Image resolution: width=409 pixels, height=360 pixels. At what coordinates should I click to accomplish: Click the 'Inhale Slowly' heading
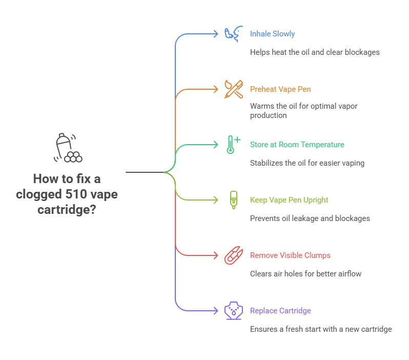pyautogui.click(x=272, y=34)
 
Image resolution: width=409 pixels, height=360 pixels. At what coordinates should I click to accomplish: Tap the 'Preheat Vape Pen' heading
pyautogui.click(x=280, y=89)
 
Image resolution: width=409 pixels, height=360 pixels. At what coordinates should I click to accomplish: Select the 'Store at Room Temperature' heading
pyautogui.click(x=297, y=145)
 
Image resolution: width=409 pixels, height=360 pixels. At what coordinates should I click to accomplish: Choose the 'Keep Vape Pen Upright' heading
pyautogui.click(x=289, y=200)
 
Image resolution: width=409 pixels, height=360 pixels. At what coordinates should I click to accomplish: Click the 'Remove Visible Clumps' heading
pyautogui.click(x=290, y=255)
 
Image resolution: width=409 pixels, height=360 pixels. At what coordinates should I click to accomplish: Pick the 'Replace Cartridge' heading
pyautogui.click(x=280, y=311)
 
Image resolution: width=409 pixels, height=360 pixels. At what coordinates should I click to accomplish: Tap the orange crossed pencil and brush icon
pyautogui.click(x=233, y=89)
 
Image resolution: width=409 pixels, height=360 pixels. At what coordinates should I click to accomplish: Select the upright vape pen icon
pyautogui.click(x=233, y=200)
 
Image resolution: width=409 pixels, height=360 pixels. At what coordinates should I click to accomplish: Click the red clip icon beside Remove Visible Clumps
pyautogui.click(x=233, y=255)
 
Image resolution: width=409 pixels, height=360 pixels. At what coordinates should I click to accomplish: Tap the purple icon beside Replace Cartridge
pyautogui.click(x=233, y=311)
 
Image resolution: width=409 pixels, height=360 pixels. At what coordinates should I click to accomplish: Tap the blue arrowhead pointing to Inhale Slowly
pyautogui.click(x=216, y=34)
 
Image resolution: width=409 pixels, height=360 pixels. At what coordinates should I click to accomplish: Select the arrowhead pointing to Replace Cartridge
pyautogui.click(x=216, y=311)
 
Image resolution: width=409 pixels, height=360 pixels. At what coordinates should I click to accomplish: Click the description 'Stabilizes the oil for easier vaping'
pyautogui.click(x=307, y=163)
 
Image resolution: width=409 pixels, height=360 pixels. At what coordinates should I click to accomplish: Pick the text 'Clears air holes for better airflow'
pyautogui.click(x=305, y=274)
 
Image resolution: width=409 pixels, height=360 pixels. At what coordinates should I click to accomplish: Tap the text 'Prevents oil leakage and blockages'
pyautogui.click(x=310, y=218)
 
